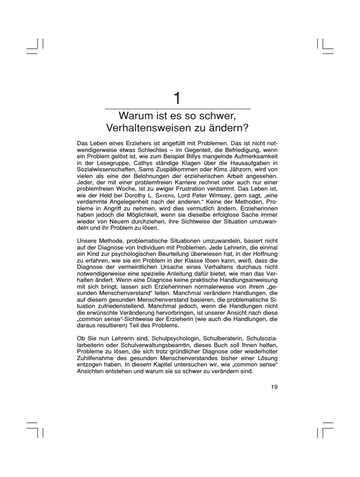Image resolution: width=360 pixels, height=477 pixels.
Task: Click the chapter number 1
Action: (177, 98)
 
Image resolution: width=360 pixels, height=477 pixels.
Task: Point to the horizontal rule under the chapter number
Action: (177, 109)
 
